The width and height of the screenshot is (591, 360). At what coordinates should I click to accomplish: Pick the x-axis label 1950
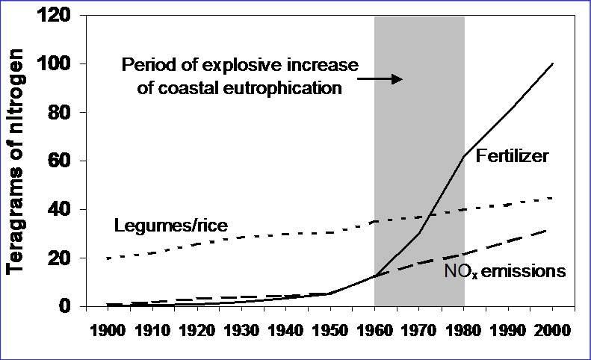[329, 329]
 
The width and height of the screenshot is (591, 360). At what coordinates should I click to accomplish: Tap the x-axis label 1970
[419, 329]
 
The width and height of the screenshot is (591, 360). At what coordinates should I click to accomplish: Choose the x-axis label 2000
[553, 329]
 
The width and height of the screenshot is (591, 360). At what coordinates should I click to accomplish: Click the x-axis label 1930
[240, 329]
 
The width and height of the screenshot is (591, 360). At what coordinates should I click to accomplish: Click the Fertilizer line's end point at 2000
[553, 63]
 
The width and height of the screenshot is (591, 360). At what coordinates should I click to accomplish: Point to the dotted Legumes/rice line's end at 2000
[553, 198]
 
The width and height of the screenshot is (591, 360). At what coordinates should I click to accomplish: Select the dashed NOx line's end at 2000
[553, 229]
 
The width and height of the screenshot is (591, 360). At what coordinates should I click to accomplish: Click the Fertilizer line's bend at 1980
[464, 157]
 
